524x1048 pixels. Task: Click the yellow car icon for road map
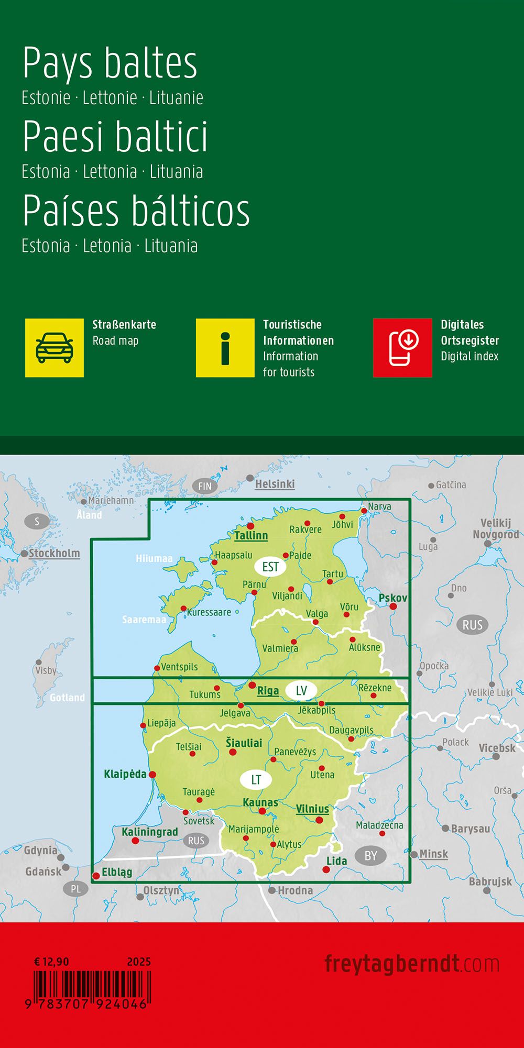coord(54,348)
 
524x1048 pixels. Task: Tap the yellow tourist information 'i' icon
coord(225,348)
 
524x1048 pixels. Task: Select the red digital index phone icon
coord(402,348)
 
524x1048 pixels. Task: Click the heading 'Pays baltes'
coord(110,63)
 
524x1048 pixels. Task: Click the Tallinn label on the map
coord(251,535)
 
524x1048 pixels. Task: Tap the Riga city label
coord(268,691)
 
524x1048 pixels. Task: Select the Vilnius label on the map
coord(312,809)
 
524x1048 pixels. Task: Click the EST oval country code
coord(270,567)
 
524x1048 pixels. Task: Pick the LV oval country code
coord(301,690)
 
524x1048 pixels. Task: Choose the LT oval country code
coord(256,780)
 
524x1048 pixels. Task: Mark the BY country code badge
coord(370,856)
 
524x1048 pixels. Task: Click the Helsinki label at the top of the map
coord(275,484)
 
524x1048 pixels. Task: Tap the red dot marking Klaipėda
coord(152,775)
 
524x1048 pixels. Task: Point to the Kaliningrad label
coord(150,832)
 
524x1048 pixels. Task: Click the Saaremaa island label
coord(144,620)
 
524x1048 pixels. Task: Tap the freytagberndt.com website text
coord(412,964)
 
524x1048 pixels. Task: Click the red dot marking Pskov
coord(393,606)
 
